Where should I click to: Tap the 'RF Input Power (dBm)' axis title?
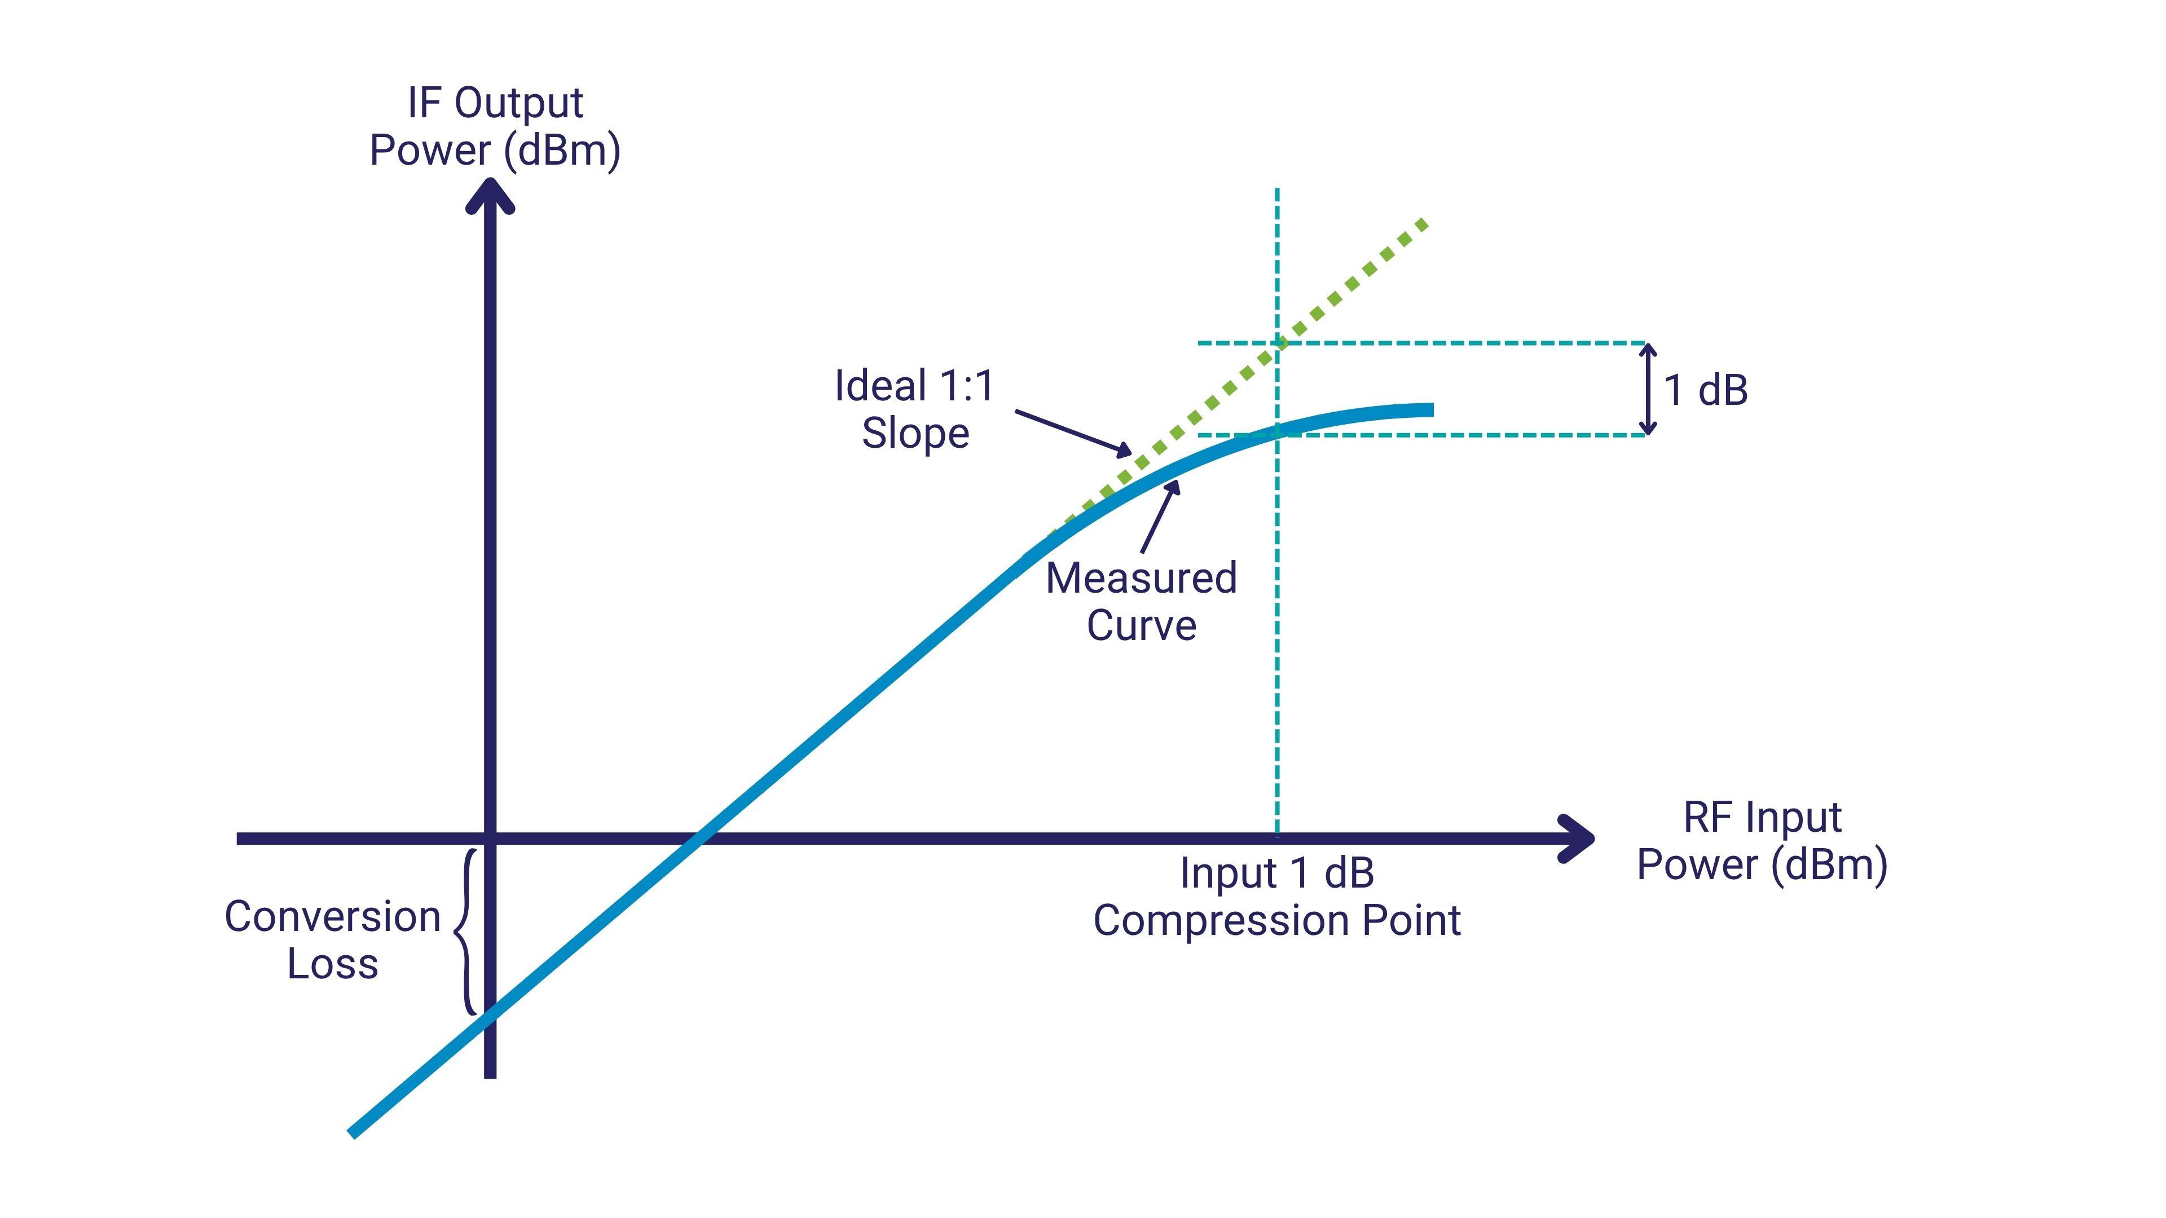(1762, 841)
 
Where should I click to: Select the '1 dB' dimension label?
(1706, 390)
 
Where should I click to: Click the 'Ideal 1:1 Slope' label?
(915, 409)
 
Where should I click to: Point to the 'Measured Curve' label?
(1141, 602)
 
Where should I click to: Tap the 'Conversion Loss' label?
(333, 940)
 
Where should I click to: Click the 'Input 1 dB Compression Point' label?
(1276, 897)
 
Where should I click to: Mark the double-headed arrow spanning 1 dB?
(1649, 389)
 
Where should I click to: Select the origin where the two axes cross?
(490, 838)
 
